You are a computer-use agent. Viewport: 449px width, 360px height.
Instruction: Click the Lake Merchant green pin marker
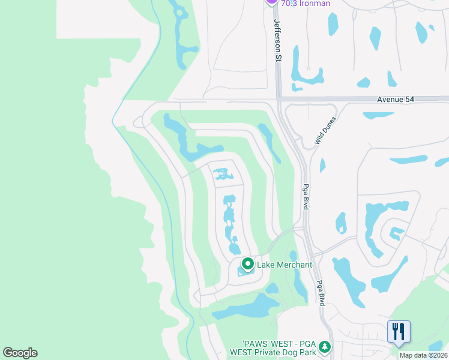[247, 264]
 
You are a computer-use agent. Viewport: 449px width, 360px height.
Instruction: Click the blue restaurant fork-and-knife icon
[399, 331]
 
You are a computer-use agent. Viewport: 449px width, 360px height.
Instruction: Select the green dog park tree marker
[325, 347]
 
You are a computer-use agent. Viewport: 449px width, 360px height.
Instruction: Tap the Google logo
[20, 352]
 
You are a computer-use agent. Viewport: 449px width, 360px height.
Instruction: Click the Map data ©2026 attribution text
[423, 355]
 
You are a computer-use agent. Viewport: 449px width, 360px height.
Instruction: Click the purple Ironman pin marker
[271, 2]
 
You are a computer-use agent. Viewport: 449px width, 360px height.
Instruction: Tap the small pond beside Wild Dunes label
[322, 164]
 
